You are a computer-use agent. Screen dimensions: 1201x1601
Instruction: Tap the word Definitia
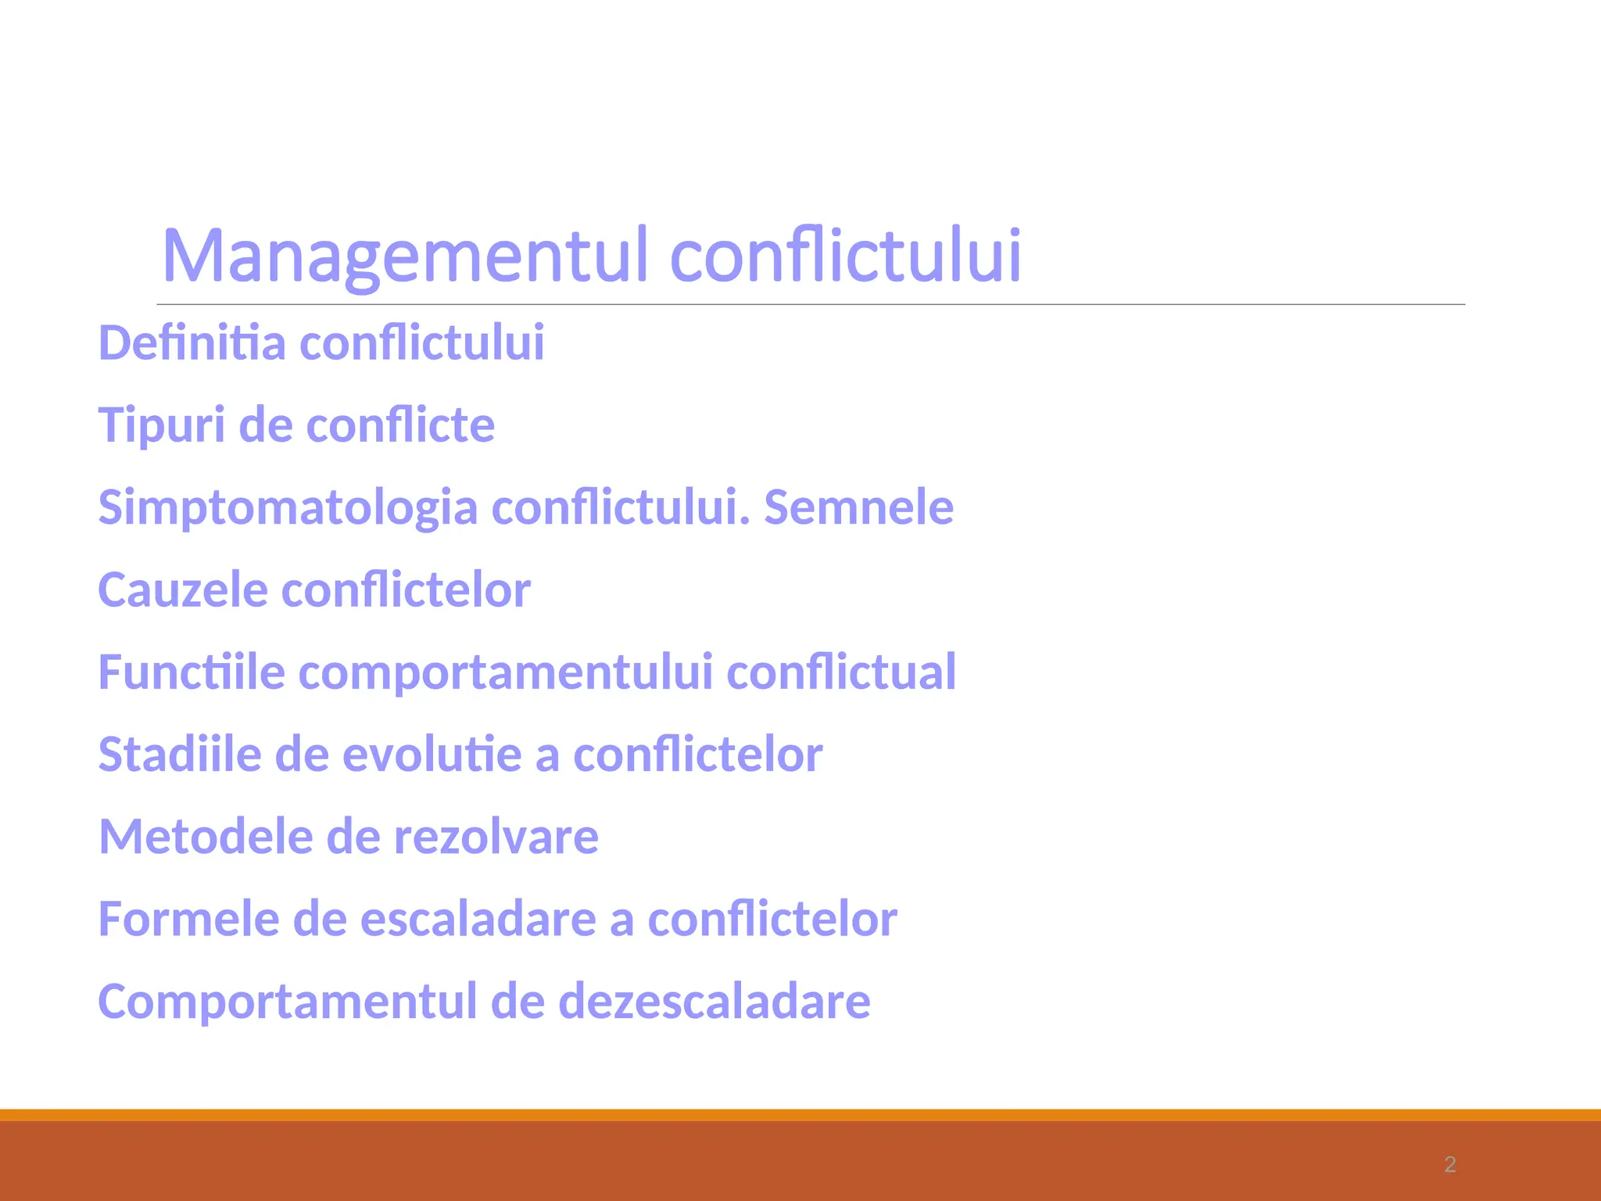(x=192, y=343)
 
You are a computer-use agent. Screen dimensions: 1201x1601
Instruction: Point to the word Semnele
(x=858, y=507)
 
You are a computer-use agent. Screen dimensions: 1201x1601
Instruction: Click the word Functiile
(x=192, y=672)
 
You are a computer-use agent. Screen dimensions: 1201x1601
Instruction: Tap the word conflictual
(x=840, y=672)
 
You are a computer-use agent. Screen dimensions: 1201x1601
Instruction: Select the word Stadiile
(x=179, y=755)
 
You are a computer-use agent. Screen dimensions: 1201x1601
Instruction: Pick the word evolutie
(x=432, y=755)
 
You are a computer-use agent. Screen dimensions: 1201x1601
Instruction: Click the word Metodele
(x=205, y=837)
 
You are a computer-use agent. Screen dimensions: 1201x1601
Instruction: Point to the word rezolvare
(x=496, y=837)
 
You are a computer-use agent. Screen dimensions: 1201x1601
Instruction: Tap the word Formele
(x=188, y=919)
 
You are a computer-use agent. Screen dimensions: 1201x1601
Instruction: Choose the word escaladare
(x=478, y=919)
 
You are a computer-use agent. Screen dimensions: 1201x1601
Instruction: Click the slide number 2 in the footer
(x=1450, y=1165)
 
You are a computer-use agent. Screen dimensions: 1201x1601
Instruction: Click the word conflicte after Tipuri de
(x=400, y=426)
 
